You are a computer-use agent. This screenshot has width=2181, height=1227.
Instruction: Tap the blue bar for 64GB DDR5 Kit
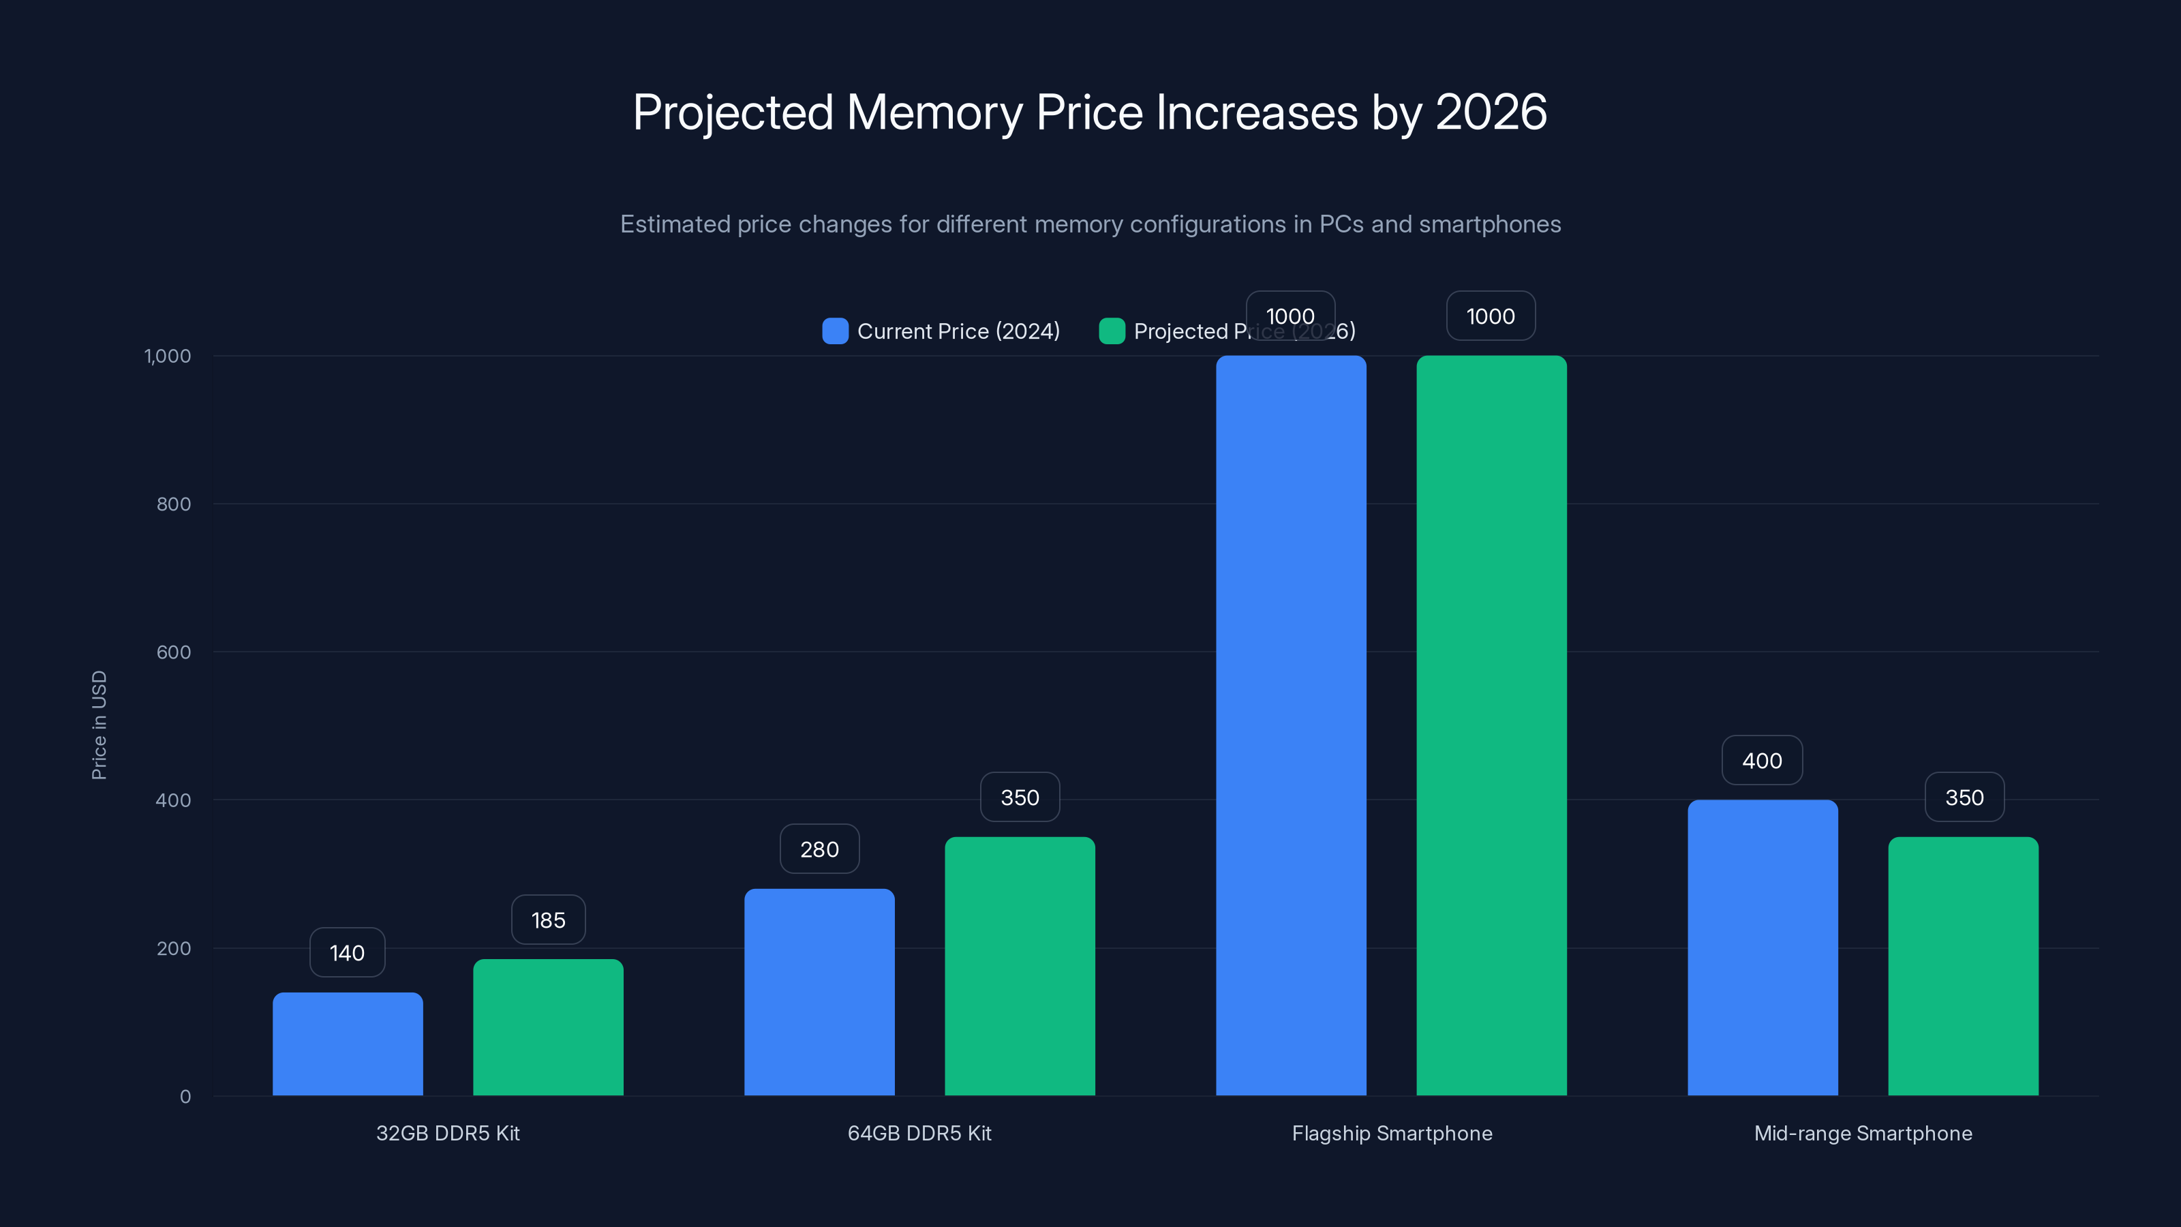(819, 992)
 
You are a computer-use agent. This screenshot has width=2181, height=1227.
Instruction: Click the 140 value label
(347, 953)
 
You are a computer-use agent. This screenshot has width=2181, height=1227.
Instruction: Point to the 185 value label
(548, 920)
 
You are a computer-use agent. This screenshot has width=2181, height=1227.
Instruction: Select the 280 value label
(819, 849)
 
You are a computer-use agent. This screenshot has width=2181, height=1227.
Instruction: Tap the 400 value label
(1762, 761)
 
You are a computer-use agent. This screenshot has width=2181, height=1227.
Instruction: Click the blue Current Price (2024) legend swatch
(835, 331)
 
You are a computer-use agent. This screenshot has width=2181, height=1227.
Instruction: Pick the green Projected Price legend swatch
(1111, 331)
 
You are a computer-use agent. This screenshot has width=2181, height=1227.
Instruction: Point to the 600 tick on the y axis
(174, 652)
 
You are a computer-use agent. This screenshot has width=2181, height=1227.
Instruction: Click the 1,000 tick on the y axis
(168, 356)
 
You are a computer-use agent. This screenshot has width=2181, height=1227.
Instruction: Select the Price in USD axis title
(99, 725)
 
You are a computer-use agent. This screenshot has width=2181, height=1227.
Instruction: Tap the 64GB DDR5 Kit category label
(919, 1133)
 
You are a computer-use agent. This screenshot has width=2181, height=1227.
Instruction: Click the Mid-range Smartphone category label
(1863, 1133)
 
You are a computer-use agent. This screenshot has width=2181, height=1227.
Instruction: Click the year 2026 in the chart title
(1491, 112)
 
